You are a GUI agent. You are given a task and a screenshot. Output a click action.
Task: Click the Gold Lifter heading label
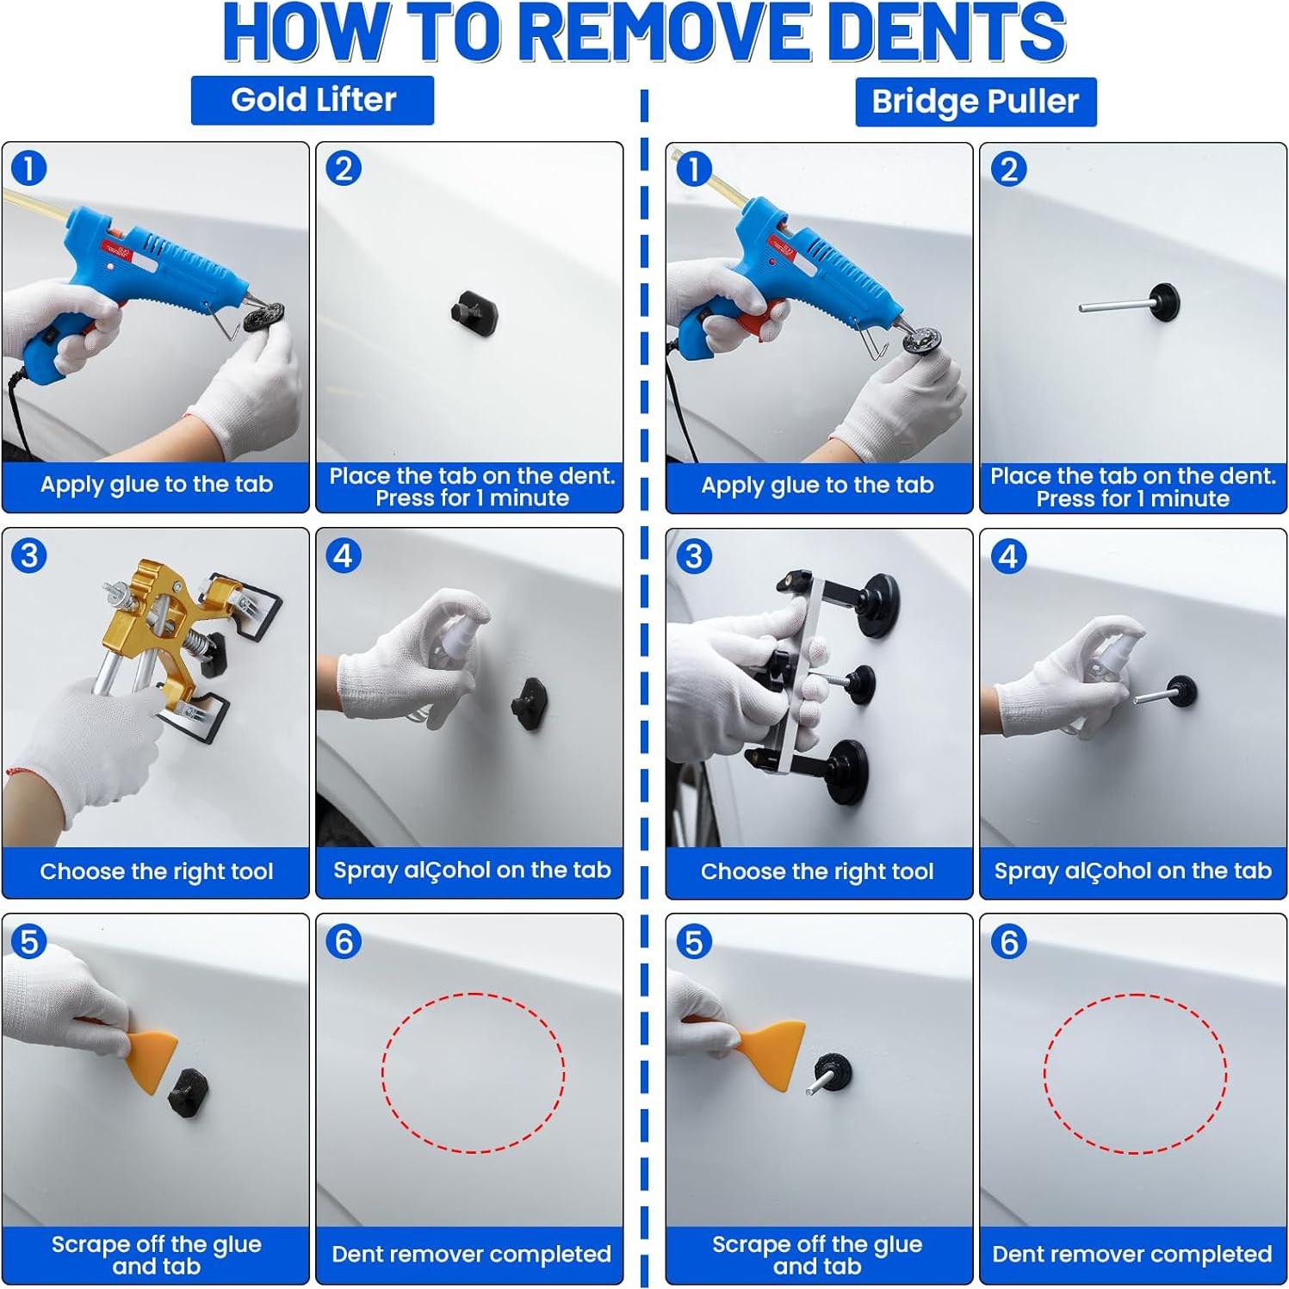(313, 100)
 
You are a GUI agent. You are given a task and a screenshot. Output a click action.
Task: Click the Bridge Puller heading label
(976, 102)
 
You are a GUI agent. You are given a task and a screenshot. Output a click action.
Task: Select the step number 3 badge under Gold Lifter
(29, 555)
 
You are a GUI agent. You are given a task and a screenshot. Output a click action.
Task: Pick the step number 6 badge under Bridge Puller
(1009, 942)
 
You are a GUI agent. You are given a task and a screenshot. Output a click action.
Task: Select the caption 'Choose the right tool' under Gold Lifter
(157, 871)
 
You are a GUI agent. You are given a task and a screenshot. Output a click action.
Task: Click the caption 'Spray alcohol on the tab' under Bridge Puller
(1133, 871)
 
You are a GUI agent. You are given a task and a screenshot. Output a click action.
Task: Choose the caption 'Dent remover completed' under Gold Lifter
(471, 1254)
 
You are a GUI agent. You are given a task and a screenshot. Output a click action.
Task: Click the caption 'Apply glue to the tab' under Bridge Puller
(817, 485)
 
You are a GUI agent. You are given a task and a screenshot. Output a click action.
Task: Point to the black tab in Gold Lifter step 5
(188, 1094)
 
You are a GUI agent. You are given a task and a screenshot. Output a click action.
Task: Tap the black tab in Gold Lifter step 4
(530, 704)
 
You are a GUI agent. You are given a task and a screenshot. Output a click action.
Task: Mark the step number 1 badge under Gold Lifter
(29, 169)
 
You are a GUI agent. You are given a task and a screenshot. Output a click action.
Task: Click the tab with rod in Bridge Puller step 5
(829, 1074)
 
